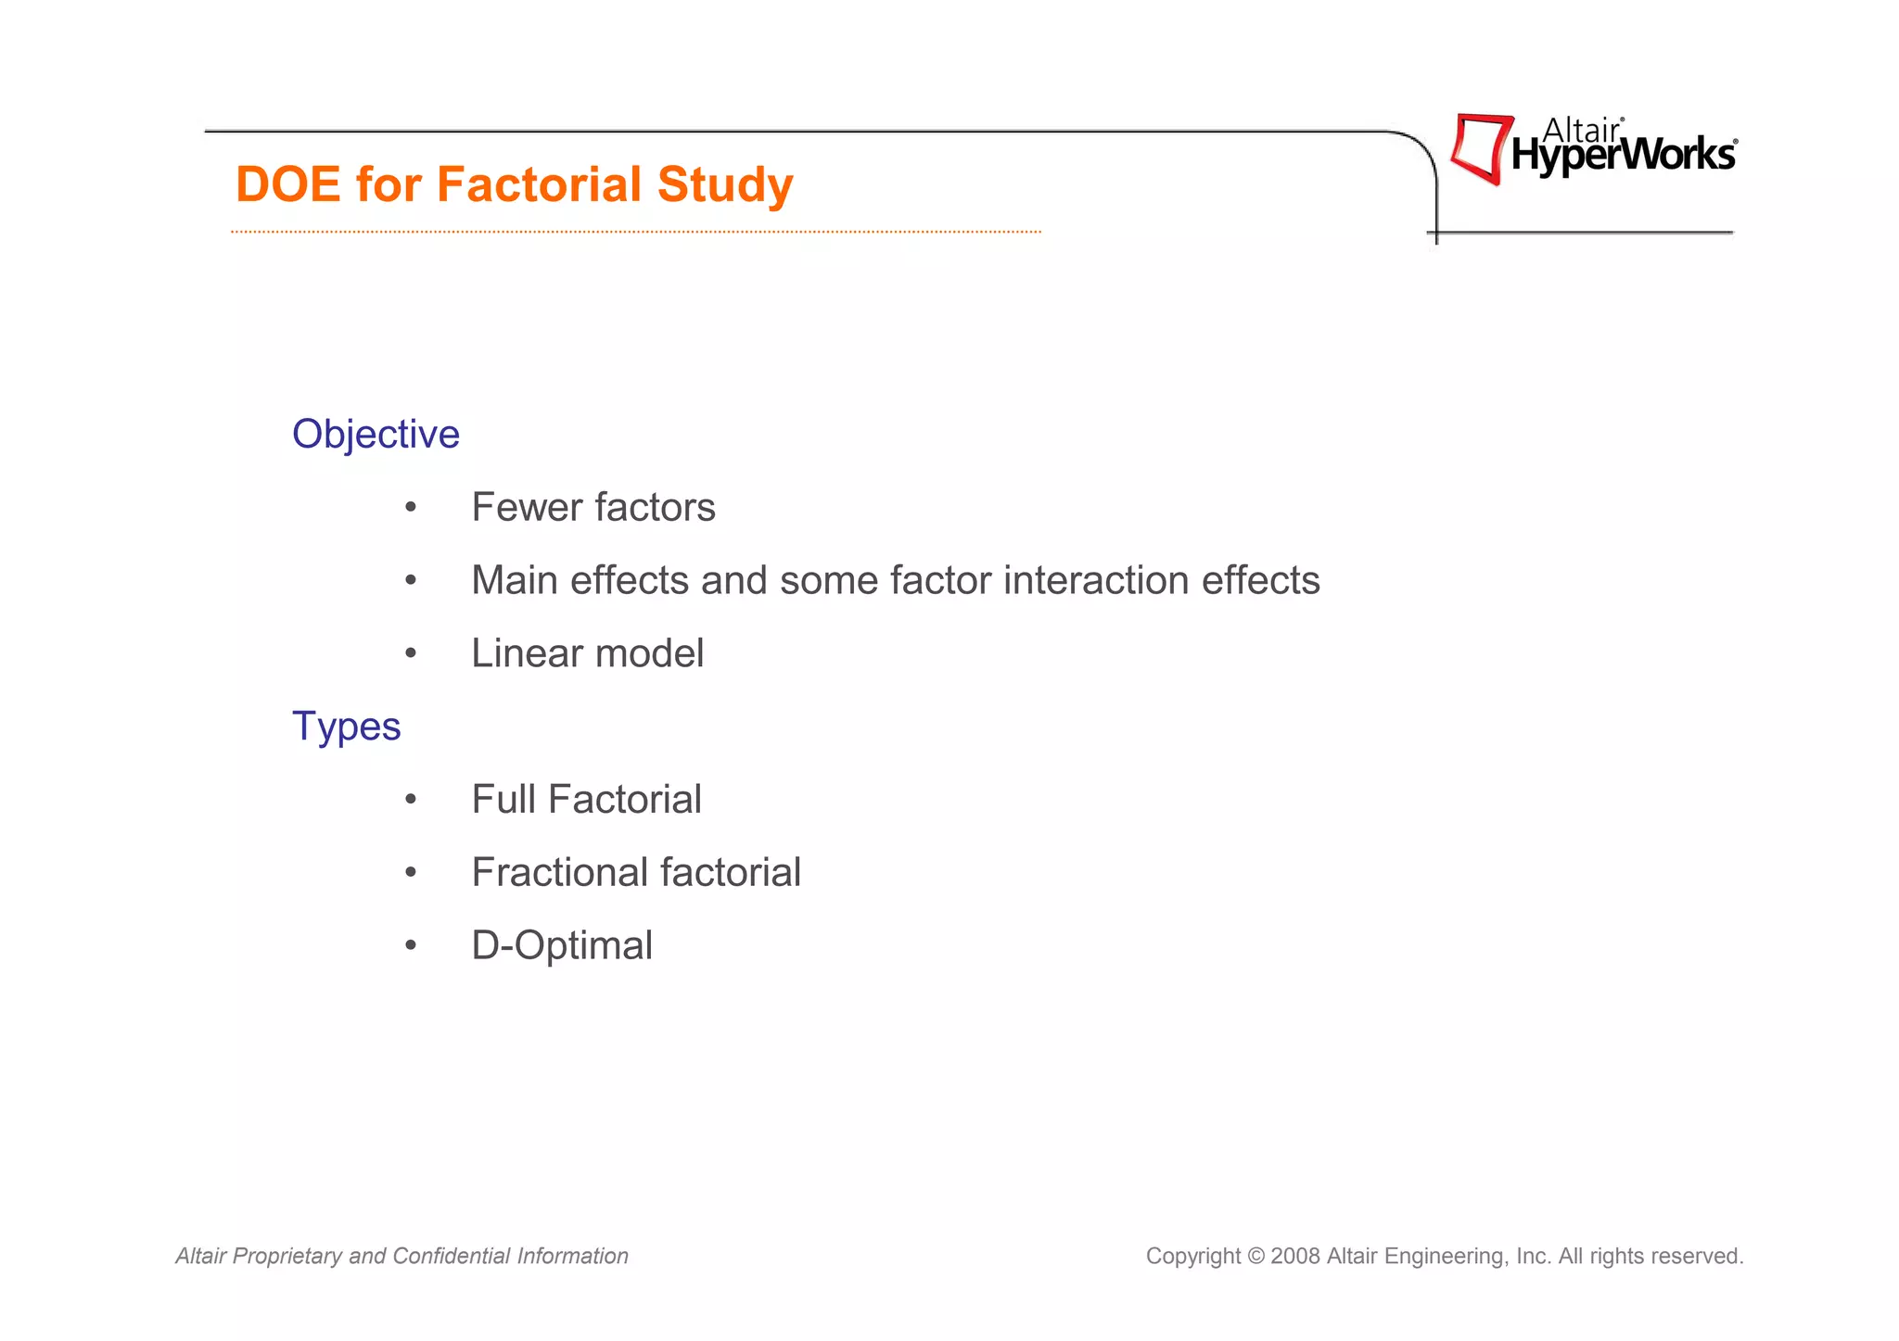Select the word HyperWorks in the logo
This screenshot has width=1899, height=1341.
tap(1623, 156)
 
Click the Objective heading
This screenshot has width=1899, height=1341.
tap(376, 435)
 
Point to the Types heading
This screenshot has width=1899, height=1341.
tap(346, 727)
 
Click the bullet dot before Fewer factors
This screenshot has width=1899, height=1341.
tap(411, 508)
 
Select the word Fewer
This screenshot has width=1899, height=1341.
tap(526, 508)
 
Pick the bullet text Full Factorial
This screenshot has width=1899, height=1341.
tap(586, 800)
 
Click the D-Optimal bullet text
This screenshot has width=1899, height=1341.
tap(562, 946)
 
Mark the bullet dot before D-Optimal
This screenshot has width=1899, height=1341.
tap(411, 946)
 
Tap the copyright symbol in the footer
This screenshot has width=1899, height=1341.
tap(1255, 1257)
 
